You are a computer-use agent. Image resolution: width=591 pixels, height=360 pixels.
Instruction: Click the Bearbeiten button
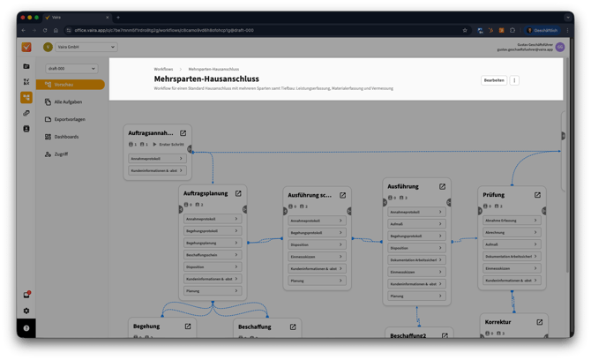[494, 80]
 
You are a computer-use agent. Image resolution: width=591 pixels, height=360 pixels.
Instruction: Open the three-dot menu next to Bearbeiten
[515, 80]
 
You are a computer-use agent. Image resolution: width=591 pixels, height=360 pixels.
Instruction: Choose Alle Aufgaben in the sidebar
[70, 102]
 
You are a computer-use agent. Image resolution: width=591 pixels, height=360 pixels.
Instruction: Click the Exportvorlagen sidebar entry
[70, 119]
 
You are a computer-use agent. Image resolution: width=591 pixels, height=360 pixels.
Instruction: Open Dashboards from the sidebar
[66, 137]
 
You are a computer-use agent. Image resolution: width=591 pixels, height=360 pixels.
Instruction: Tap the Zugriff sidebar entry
[61, 154]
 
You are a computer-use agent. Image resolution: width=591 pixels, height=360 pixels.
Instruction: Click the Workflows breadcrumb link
[163, 69]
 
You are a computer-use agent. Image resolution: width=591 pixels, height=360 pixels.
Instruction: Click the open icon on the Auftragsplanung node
[238, 192]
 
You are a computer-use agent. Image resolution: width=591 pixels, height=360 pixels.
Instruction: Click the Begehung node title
[146, 326]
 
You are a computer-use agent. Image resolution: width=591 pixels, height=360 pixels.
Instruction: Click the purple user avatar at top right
[559, 48]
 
